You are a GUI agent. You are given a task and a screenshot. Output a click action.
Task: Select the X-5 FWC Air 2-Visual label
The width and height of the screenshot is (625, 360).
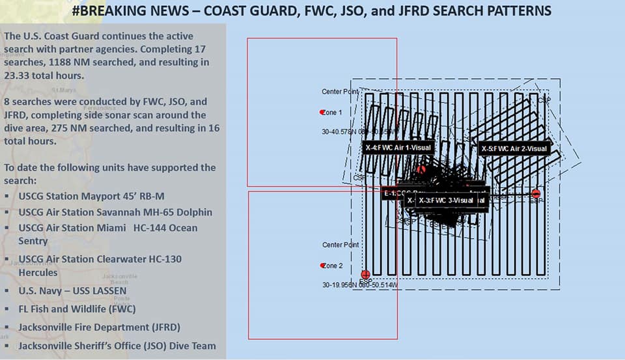point(514,148)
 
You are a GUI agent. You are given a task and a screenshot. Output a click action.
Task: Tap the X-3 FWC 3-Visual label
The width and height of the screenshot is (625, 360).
point(448,201)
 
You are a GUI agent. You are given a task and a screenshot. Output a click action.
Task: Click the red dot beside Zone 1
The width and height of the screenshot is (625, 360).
point(322,113)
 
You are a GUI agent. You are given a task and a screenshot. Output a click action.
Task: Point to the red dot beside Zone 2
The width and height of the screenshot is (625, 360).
point(322,266)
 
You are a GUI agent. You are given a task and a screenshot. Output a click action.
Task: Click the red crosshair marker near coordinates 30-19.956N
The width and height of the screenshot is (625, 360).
point(365,275)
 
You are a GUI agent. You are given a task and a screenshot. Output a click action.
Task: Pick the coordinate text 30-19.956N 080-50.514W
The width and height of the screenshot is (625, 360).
point(360,285)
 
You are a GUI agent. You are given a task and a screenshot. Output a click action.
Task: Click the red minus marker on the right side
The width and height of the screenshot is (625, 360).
point(536,193)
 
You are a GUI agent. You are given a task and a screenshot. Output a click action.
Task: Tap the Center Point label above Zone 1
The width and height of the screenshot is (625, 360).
point(340,92)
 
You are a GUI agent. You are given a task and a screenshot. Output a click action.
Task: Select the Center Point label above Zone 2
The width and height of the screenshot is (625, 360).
point(340,245)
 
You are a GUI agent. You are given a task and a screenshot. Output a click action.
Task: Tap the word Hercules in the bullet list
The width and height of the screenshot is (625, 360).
point(38,272)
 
